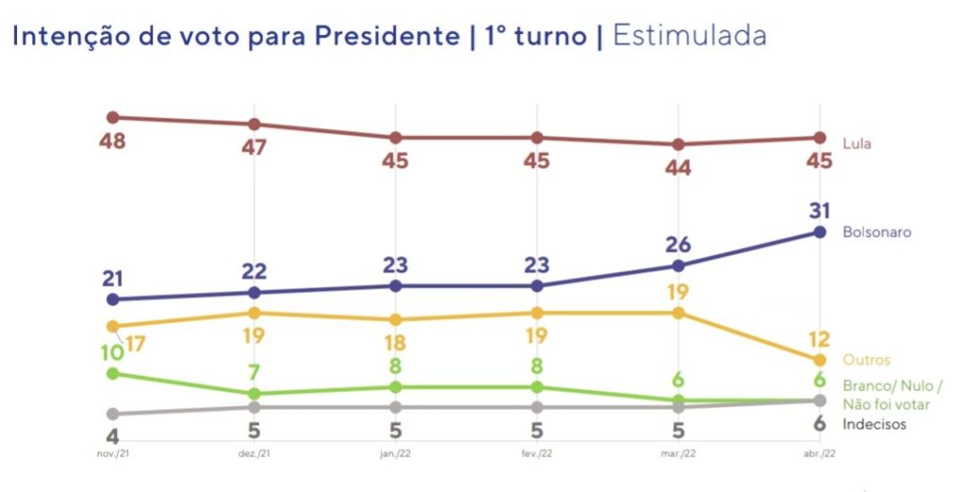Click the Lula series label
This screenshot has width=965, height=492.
click(857, 144)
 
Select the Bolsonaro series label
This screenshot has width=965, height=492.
click(876, 232)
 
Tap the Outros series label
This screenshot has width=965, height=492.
click(867, 360)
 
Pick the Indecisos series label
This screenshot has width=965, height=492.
click(875, 424)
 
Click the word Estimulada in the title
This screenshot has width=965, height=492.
click(689, 36)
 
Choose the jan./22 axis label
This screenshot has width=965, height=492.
click(395, 453)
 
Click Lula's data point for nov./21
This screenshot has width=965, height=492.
click(113, 118)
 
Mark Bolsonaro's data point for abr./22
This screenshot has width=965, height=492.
click(820, 232)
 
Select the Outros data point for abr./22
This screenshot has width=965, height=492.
click(820, 360)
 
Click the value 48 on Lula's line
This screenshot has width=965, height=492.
click(113, 142)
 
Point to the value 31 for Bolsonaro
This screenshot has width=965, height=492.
click(820, 209)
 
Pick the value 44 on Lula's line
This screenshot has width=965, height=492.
click(678, 169)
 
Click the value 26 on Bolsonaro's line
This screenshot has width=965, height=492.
click(678, 242)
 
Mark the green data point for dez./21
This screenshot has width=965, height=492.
click(254, 394)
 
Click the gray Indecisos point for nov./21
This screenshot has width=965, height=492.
click(113, 414)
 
